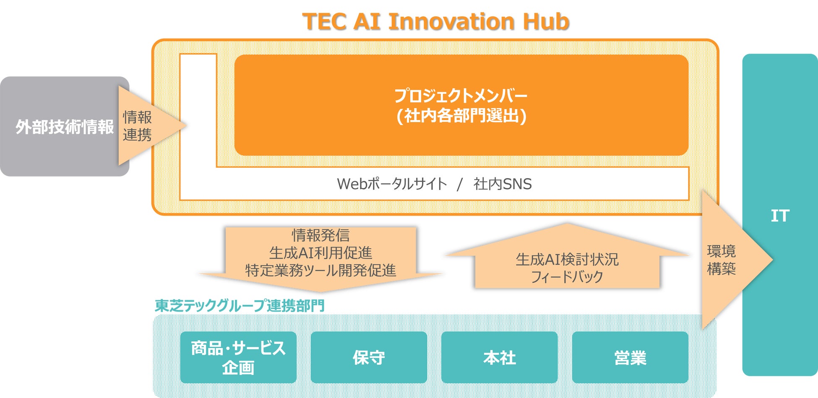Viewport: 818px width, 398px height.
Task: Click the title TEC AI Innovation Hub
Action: (x=435, y=21)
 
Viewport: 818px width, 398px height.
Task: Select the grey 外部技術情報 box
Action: (x=65, y=126)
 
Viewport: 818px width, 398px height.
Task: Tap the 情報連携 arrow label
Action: (x=137, y=126)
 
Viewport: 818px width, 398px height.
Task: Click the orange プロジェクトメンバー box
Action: (x=461, y=105)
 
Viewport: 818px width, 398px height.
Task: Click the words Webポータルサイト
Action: (x=392, y=184)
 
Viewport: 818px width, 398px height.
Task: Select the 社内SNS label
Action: (x=503, y=184)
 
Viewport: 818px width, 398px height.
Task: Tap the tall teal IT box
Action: (x=780, y=215)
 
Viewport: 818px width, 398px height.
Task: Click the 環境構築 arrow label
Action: (x=721, y=260)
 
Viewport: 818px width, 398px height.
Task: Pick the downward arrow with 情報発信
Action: (x=320, y=259)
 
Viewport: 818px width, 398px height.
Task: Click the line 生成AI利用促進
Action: (x=320, y=253)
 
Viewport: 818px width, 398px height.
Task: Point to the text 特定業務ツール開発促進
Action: (x=320, y=271)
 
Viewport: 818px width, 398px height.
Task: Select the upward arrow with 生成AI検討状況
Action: (x=567, y=256)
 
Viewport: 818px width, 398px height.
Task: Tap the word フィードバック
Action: (x=567, y=277)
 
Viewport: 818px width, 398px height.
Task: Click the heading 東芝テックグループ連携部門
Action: (x=240, y=305)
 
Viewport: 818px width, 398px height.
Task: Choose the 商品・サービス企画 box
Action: (x=238, y=357)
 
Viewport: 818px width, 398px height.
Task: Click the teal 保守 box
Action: (x=369, y=357)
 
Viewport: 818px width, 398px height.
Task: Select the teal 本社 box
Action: (x=500, y=357)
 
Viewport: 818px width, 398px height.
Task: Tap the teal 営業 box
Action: (x=630, y=357)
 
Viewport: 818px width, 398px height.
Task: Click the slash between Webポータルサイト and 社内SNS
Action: (x=460, y=184)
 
